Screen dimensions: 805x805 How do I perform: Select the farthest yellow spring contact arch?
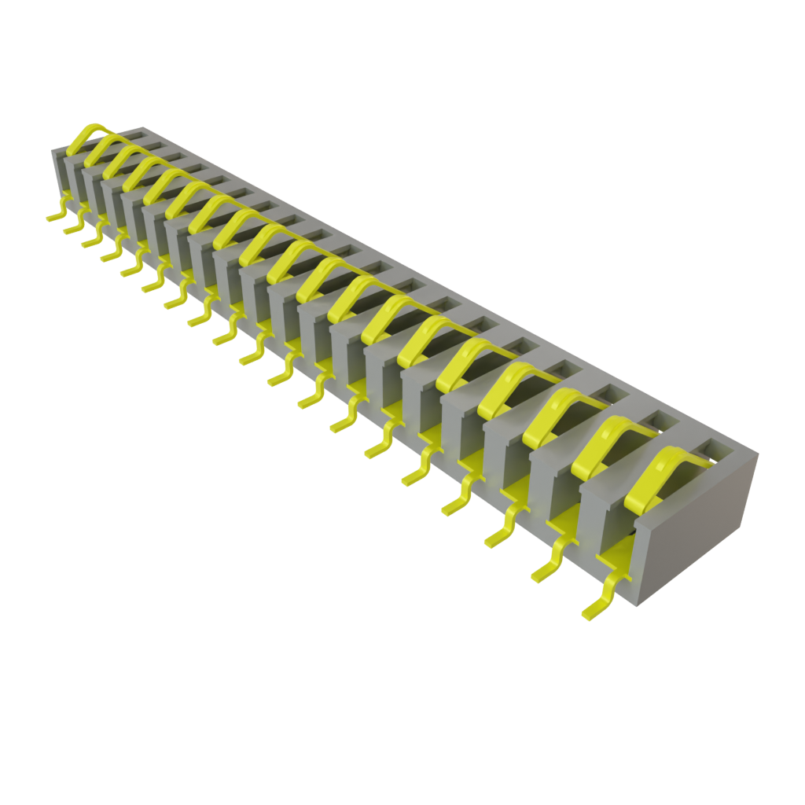click(x=86, y=135)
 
